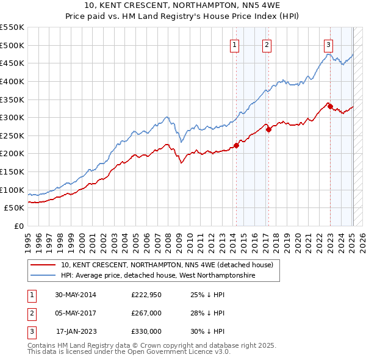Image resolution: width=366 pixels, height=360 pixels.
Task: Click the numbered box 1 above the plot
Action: [235, 44]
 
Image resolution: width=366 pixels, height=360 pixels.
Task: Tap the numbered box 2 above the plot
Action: [267, 44]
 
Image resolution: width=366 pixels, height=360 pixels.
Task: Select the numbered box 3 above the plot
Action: [329, 44]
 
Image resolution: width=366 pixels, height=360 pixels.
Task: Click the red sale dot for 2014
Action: [236, 145]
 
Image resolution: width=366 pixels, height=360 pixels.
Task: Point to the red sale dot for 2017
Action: [268, 129]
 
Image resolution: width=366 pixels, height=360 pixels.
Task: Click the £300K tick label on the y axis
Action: [12, 117]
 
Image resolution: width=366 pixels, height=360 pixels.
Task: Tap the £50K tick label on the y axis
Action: [14, 208]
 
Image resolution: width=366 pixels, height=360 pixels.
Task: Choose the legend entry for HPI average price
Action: [157, 276]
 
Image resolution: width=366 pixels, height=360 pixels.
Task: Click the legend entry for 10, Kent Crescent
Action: [170, 265]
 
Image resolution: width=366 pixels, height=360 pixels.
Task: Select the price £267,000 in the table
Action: [146, 314]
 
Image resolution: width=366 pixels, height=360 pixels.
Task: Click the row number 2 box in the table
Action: [30, 314]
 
